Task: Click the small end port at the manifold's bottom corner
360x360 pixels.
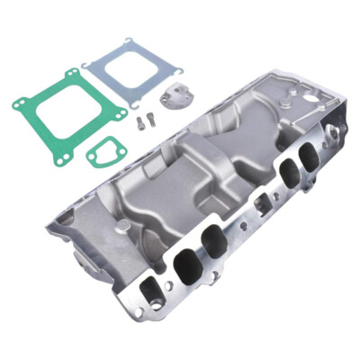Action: pos(146,292)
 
